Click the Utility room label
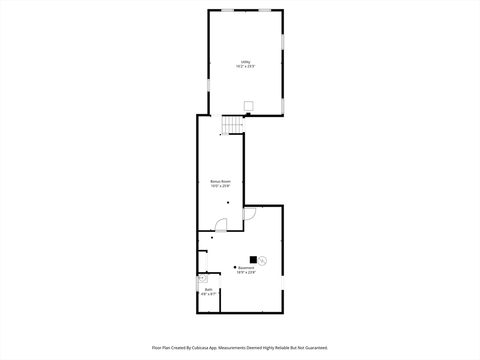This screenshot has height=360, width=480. (245, 62)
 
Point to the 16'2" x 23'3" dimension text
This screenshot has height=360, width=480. (245, 66)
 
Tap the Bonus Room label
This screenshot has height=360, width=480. (220, 181)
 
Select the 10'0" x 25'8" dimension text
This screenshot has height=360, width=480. (220, 186)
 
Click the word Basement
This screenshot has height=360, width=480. (246, 268)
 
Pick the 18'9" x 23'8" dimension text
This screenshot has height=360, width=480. (246, 272)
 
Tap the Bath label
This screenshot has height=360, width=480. (209, 290)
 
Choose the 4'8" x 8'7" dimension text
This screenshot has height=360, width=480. (209, 294)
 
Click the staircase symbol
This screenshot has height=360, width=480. (232, 125)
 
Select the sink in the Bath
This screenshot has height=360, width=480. (202, 278)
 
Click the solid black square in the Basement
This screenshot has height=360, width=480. (253, 260)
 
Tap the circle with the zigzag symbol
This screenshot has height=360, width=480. (262, 261)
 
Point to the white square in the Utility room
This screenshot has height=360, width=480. (248, 105)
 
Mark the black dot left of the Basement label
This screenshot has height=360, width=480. (235, 267)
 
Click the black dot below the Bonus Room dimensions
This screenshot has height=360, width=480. (228, 202)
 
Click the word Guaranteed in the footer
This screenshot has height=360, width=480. (317, 348)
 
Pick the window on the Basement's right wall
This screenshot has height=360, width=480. (282, 283)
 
